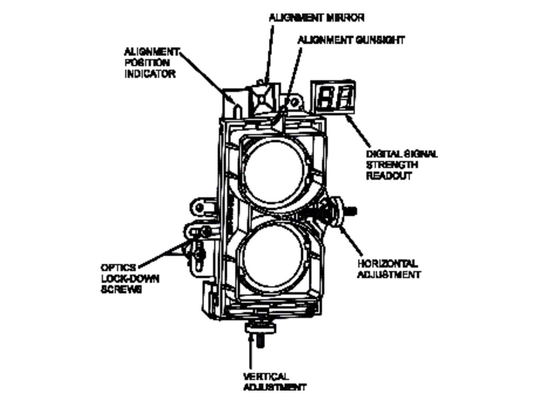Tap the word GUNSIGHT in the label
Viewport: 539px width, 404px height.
click(x=380, y=40)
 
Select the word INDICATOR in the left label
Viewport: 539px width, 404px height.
click(x=150, y=74)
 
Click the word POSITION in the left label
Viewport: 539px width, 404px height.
click(x=147, y=63)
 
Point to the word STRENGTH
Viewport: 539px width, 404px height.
click(x=392, y=165)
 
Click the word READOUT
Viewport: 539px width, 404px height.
click(x=389, y=176)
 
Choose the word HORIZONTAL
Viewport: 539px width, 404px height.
click(x=388, y=263)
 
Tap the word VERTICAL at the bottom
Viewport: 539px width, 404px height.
click(x=266, y=376)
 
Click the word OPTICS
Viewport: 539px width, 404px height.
click(x=119, y=268)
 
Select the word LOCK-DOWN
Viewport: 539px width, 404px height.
click(x=130, y=279)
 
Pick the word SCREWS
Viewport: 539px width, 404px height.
click(x=121, y=290)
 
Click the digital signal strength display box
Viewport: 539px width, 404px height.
click(x=333, y=97)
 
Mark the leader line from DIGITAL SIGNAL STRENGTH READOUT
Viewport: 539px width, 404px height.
click(x=358, y=131)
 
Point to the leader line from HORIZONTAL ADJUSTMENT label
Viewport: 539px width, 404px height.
click(x=351, y=241)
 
